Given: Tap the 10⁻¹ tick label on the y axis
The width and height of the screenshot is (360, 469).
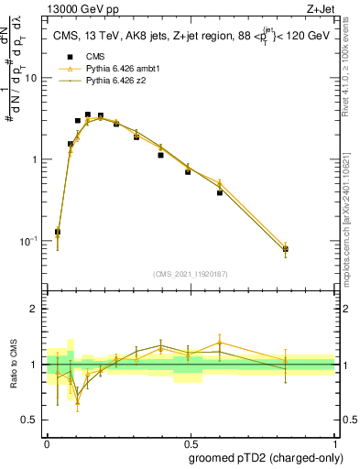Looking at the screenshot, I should tap(30, 241).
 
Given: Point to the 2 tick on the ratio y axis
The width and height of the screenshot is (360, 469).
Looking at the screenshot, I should tap(38, 309).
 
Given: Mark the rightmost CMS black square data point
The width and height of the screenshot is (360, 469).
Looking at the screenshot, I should tap(286, 249).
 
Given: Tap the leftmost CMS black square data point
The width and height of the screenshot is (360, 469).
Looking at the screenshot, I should tap(58, 232).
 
